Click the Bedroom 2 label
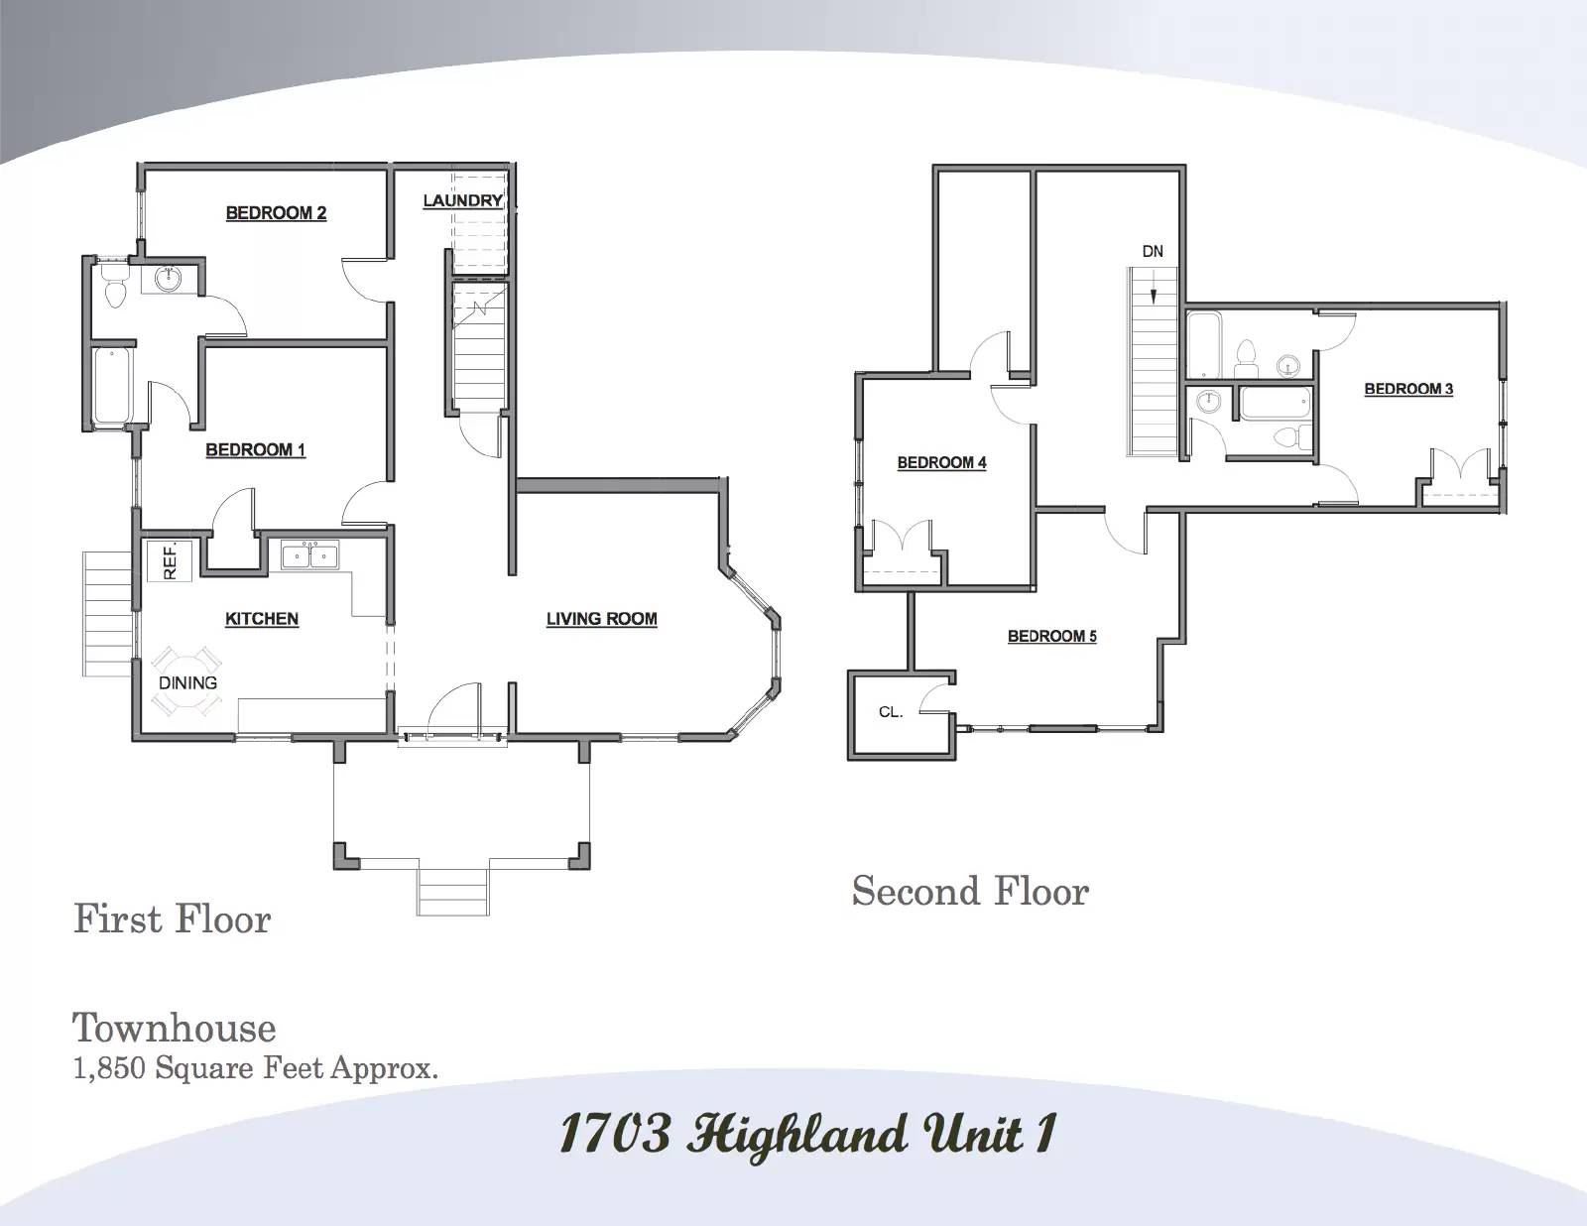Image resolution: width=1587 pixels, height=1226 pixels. coord(276,213)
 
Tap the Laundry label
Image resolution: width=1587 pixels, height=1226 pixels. coord(463,200)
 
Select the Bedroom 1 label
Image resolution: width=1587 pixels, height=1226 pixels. coord(256,449)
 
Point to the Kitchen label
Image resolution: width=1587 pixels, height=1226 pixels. coord(262,619)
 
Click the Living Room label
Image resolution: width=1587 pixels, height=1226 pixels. coord(602,619)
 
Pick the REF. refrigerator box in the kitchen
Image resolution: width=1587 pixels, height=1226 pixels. coord(170,561)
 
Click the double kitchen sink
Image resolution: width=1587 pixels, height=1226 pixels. coord(310,556)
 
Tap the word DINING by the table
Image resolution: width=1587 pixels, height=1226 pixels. coord(187,682)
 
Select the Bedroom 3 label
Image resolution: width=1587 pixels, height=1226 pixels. coord(1408,389)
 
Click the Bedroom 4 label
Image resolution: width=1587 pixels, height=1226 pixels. coord(942,463)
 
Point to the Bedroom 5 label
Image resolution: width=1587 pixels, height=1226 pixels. coord(1052,637)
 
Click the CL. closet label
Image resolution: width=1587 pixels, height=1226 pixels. coord(891,712)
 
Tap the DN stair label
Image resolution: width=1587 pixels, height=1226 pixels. coord(1153,251)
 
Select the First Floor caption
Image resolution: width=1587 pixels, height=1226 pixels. coord(173,919)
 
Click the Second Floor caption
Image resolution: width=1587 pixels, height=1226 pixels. coord(971,892)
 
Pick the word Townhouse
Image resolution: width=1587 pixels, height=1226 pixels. coord(174,1029)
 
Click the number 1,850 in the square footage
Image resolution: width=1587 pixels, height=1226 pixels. coord(109,1069)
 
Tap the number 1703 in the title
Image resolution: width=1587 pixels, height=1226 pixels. coord(615,1134)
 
